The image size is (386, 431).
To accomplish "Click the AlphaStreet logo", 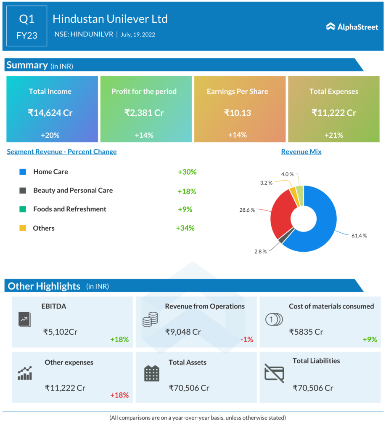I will pos(352,27).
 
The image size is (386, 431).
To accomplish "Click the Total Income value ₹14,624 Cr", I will pos(50,113).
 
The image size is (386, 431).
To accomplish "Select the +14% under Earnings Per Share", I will pos(237,135).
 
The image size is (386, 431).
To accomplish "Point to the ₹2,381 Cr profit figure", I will pos(144,113).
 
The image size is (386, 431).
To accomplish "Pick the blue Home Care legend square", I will pos(23,172).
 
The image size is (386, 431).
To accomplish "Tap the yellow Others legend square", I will pos(23,228).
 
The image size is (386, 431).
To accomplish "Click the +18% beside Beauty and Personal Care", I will pos(187,191).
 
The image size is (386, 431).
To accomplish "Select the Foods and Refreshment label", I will pos(70,209).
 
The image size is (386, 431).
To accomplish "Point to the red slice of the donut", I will pos(280,215).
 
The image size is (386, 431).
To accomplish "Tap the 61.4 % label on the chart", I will pos(359,236).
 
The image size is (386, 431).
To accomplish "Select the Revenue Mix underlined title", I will pos(301,152).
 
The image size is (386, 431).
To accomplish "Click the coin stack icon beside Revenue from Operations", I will pos(150,320).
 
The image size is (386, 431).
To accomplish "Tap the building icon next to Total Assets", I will pos(151,373).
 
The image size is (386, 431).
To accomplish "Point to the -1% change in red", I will pos(246,339).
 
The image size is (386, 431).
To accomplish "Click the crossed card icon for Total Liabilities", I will pos(274,372).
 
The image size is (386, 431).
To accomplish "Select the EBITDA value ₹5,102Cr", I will pos(61,332).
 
